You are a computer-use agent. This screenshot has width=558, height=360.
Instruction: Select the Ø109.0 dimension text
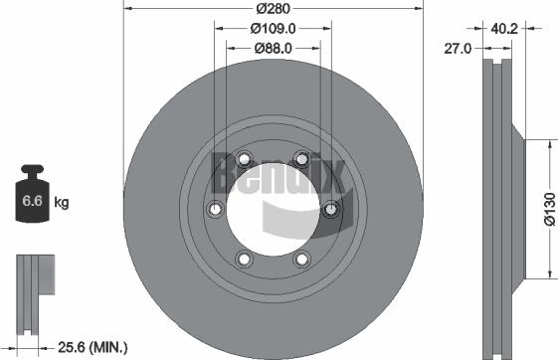click(274, 29)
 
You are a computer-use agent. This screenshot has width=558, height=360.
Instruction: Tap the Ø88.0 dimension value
click(274, 47)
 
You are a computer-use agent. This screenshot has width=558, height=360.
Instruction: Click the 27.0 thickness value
click(460, 47)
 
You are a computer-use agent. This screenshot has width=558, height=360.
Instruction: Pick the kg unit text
click(61, 203)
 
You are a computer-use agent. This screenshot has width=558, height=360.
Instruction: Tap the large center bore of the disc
click(273, 209)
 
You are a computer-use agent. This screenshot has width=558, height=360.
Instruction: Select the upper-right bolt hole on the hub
click(301, 156)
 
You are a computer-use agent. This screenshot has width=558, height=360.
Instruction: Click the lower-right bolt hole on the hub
click(301, 260)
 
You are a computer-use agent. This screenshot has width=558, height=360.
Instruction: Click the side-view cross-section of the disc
click(497, 209)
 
